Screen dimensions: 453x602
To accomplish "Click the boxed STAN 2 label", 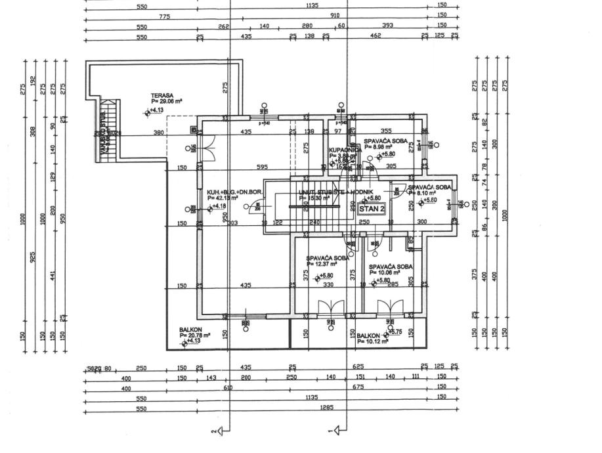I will pos(371,208).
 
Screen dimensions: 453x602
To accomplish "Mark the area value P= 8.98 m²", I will pos(381,147).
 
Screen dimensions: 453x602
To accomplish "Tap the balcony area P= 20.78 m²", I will pos(195,335).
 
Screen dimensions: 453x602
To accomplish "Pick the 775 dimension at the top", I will pos(165,16).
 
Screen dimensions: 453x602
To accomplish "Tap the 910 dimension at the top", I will pos(335,14).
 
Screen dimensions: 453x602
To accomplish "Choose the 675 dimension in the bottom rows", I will pos(377,387).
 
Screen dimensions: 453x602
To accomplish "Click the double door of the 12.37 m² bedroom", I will pos(329,308).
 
